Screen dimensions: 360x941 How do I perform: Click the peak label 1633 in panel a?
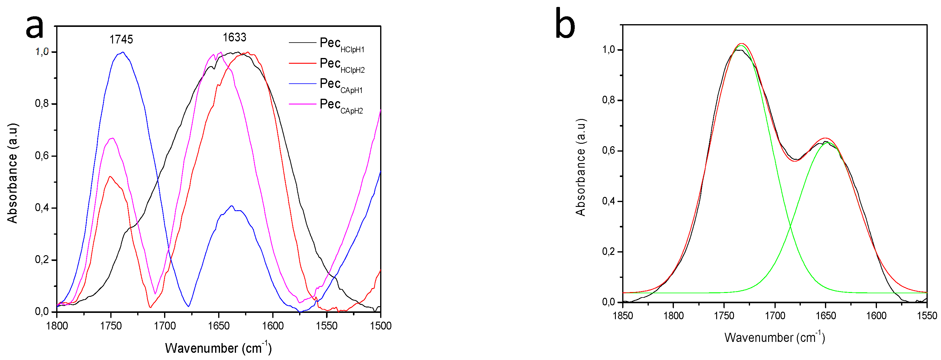coord(234,37)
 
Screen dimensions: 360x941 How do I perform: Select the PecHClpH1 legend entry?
coord(341,44)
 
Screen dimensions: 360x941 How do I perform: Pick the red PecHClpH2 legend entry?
coord(341,65)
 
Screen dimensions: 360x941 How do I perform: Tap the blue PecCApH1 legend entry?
coord(341,85)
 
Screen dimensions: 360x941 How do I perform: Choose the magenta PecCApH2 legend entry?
coord(341,105)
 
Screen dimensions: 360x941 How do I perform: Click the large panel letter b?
coord(565,24)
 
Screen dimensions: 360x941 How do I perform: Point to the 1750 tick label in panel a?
coord(111,326)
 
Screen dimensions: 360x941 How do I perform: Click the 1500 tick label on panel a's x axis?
coord(381,326)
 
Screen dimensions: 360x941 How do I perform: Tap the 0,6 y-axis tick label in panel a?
coord(42,156)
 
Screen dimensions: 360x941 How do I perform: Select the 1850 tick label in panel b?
coord(623,316)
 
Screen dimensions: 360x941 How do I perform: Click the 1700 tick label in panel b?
coord(775,316)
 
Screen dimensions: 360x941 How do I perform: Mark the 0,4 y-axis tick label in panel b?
coord(609,201)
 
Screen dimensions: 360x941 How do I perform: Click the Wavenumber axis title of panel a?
coord(218,348)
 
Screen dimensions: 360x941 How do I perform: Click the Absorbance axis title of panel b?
coord(580,167)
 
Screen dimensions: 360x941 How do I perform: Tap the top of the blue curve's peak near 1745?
coord(123,52)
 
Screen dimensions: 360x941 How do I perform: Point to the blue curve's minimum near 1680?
coord(188,306)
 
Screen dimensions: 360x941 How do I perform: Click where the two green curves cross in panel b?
coord(791,227)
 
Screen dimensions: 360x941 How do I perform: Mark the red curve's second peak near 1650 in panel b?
coord(825,138)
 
